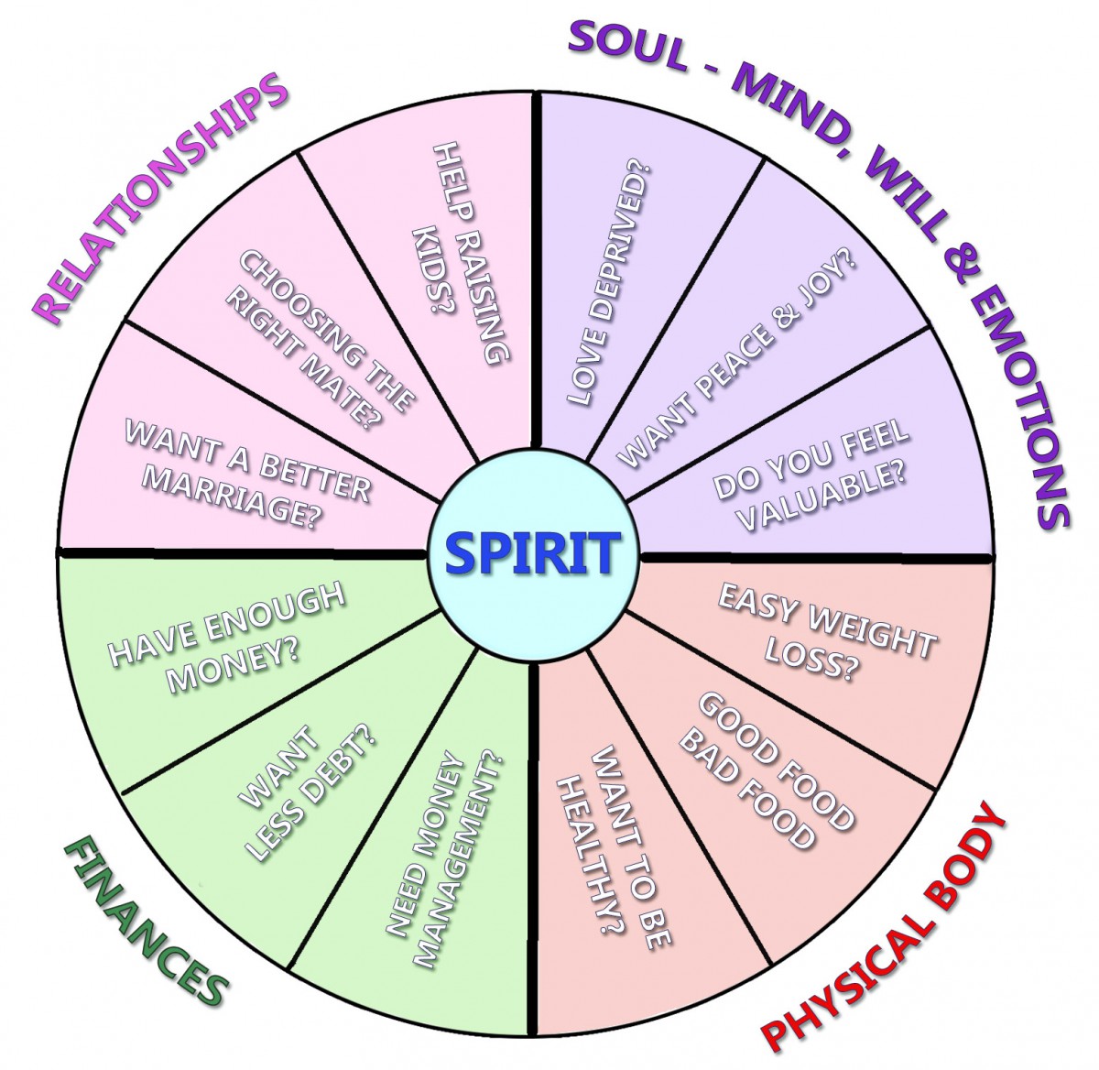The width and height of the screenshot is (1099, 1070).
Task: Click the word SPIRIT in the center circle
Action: pos(530,553)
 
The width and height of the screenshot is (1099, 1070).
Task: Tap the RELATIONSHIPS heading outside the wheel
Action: pos(161,199)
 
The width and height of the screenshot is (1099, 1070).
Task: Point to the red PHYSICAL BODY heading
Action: pos(885,929)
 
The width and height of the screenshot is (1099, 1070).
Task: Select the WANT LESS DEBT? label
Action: pos(306,792)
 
